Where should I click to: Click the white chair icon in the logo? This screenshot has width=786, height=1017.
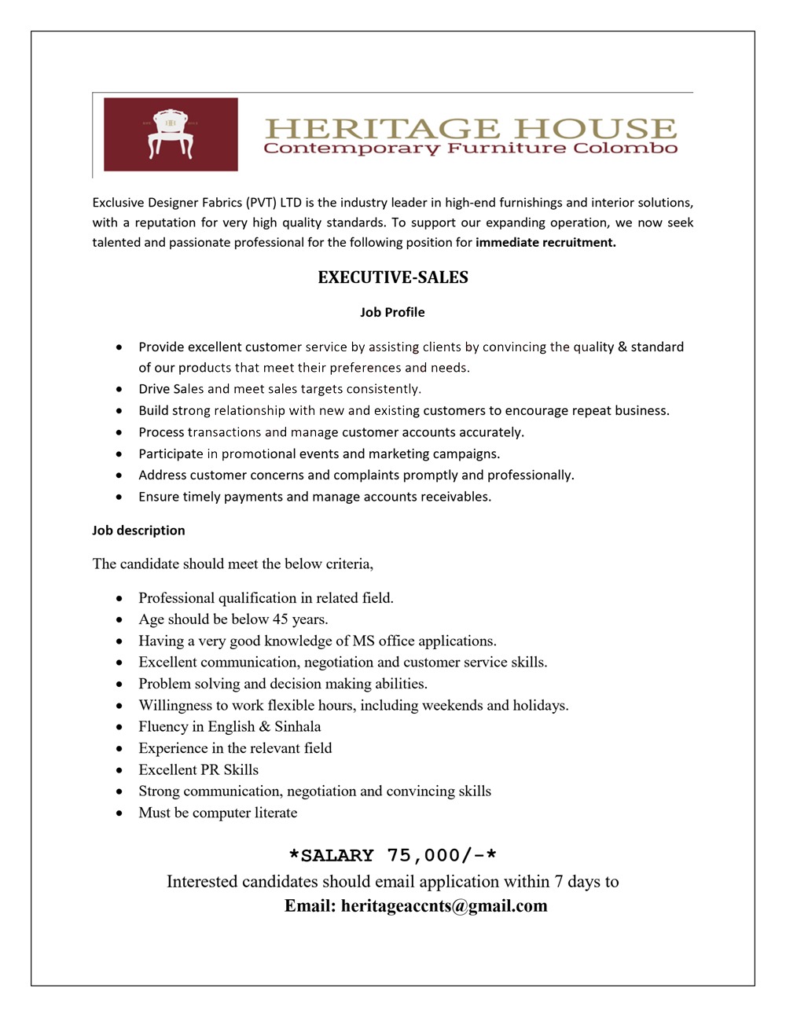(171, 134)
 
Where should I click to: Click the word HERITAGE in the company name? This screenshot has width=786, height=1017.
(381, 128)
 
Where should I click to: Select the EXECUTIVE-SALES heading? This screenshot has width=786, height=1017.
(393, 277)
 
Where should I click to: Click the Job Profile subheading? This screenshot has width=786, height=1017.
(392, 312)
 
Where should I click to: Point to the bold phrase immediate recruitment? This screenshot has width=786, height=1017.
(545, 243)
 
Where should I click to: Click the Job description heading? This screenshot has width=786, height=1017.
(138, 531)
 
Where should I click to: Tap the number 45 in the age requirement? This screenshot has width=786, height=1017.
(280, 619)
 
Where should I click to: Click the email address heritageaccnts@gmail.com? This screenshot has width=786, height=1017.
(444, 906)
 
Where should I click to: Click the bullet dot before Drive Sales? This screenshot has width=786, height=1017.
(119, 389)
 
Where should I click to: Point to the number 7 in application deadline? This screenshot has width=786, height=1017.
(558, 882)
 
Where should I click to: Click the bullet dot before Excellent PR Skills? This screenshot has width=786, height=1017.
(119, 770)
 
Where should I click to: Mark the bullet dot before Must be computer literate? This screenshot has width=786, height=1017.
(119, 813)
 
